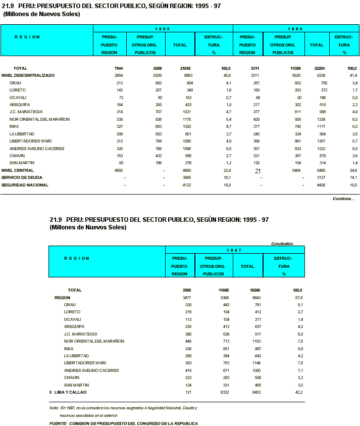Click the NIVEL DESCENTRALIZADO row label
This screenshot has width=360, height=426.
coord(28,75)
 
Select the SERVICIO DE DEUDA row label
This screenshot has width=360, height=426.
coord(22,178)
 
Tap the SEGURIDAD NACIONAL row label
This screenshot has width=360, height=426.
coord(25,185)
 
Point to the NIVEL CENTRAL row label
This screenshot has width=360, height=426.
coord(14,170)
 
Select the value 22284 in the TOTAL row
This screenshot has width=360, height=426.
coord(317,68)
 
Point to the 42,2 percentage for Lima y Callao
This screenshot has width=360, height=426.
coord(298,392)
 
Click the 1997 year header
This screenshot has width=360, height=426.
coord(234,250)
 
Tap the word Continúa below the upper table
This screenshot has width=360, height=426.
coord(343,199)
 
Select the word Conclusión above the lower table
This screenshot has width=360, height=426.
coord(282,243)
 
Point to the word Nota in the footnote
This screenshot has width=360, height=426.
coord(54,407)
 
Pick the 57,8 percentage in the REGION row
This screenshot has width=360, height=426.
coord(298,298)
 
